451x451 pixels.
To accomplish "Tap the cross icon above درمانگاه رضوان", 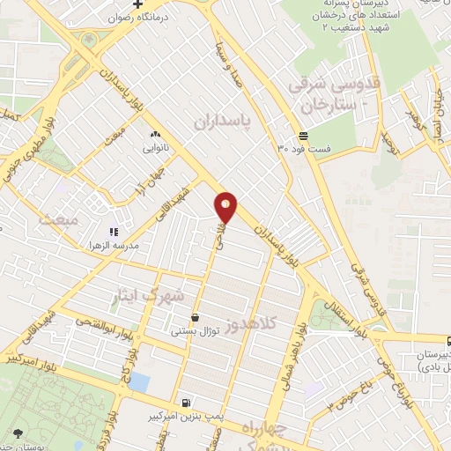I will pyautogui.click(x=137, y=4).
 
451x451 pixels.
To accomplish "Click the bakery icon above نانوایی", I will pyautogui.click(x=155, y=134).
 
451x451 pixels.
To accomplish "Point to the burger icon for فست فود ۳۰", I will pyautogui.click(x=303, y=136).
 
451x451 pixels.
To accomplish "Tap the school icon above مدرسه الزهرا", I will pyautogui.click(x=113, y=231).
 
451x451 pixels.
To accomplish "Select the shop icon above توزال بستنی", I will pyautogui.click(x=194, y=317).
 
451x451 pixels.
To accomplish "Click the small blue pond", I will pyautogui.click(x=138, y=381).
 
